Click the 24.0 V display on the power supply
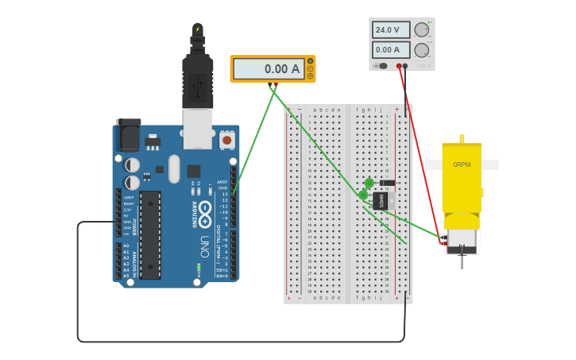(x=391, y=30)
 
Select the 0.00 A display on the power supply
(x=391, y=50)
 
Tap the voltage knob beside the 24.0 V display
(x=421, y=30)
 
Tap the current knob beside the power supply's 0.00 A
(x=421, y=50)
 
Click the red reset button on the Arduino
(x=227, y=140)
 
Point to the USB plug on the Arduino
(x=197, y=79)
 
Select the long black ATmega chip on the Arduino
(x=150, y=234)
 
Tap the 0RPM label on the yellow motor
(x=462, y=165)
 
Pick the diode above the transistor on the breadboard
(x=387, y=183)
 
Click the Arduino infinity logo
(x=205, y=212)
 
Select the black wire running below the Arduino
(x=238, y=342)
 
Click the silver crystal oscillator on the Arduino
(x=174, y=168)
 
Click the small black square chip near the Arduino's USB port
(x=193, y=171)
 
